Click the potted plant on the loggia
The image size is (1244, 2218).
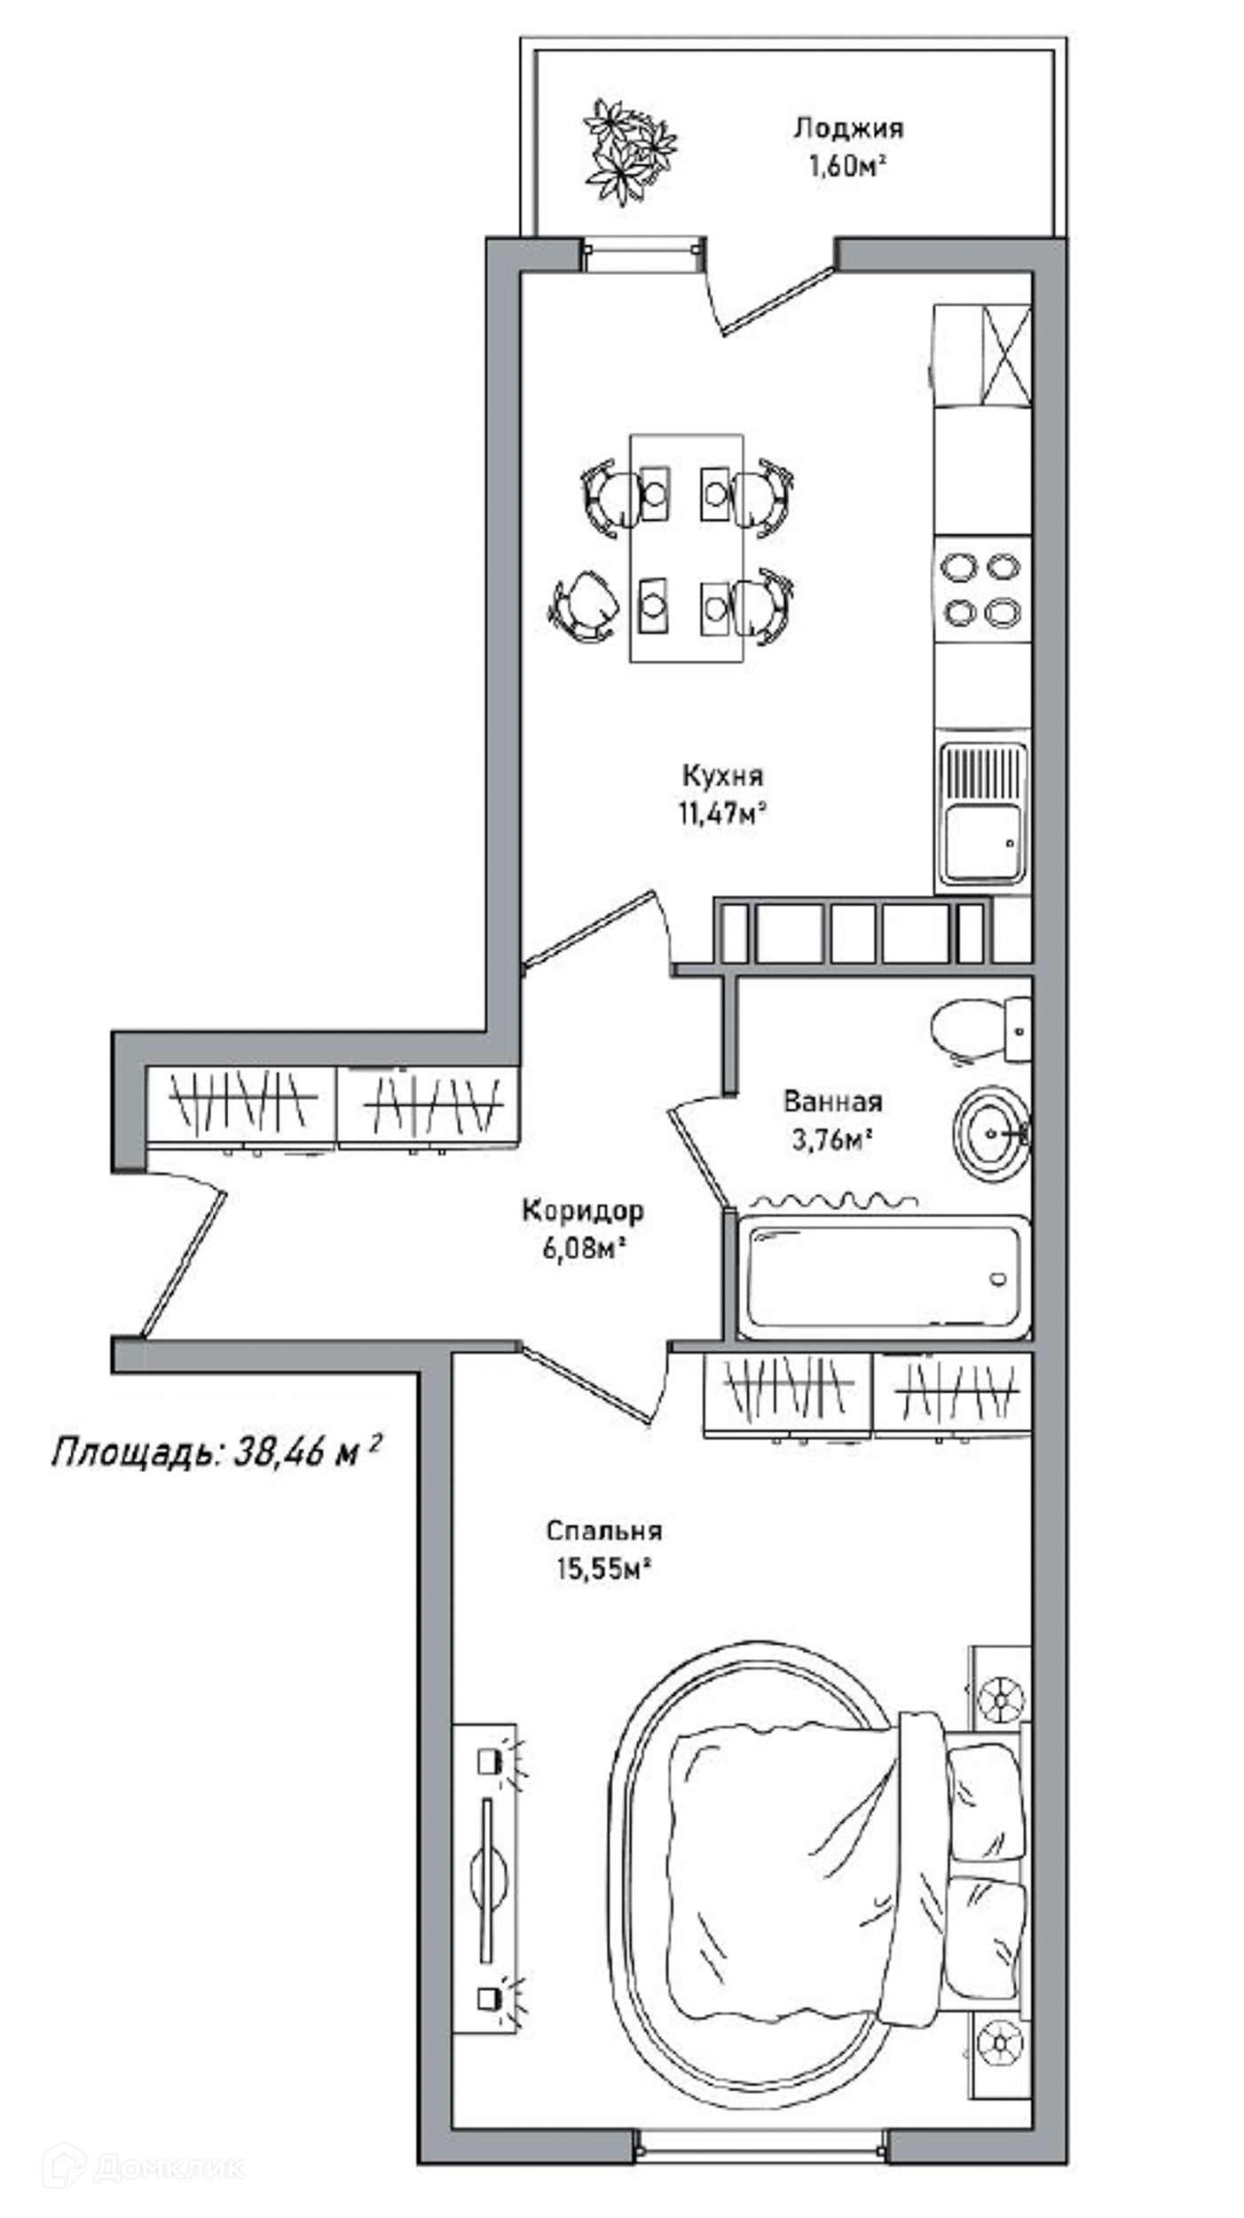(x=629, y=151)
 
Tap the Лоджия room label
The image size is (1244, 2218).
(x=848, y=129)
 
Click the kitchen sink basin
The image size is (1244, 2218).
(x=981, y=839)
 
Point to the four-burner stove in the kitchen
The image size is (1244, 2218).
(x=981, y=589)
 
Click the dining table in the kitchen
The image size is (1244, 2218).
(x=686, y=548)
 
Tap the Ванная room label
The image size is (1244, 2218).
(x=832, y=1102)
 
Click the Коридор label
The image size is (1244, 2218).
(x=582, y=1210)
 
